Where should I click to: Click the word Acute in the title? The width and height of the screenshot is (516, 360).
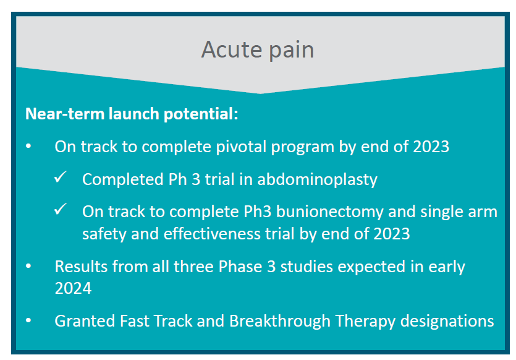coord(231,49)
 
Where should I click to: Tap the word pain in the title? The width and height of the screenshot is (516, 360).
coord(292,51)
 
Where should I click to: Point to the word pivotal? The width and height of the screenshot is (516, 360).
coord(241,147)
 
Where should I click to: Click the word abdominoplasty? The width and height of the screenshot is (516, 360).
coord(317,180)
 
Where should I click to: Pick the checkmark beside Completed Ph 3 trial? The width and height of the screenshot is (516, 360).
coord(61,177)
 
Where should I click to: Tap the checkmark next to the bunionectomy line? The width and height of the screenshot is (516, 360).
coord(61,209)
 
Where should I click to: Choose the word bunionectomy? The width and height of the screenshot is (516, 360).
coord(330,212)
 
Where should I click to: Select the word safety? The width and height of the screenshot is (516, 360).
coord(104,234)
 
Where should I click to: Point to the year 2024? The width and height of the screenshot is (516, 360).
coord(73,288)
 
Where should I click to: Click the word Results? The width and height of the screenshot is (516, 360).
coord(81,267)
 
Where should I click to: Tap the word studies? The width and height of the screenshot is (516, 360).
coord(307,267)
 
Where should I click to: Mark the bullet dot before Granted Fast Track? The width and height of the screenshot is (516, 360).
coord(28,320)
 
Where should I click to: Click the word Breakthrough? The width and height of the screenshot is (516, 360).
coord(280,321)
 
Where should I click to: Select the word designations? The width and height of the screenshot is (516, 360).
coord(447,322)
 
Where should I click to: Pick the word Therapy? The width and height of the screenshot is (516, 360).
coord(365,322)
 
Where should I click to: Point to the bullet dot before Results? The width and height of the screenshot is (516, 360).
coord(28,265)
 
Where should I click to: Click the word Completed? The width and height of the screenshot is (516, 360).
coord(123,180)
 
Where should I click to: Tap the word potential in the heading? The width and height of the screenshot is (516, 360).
coord(201,114)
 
